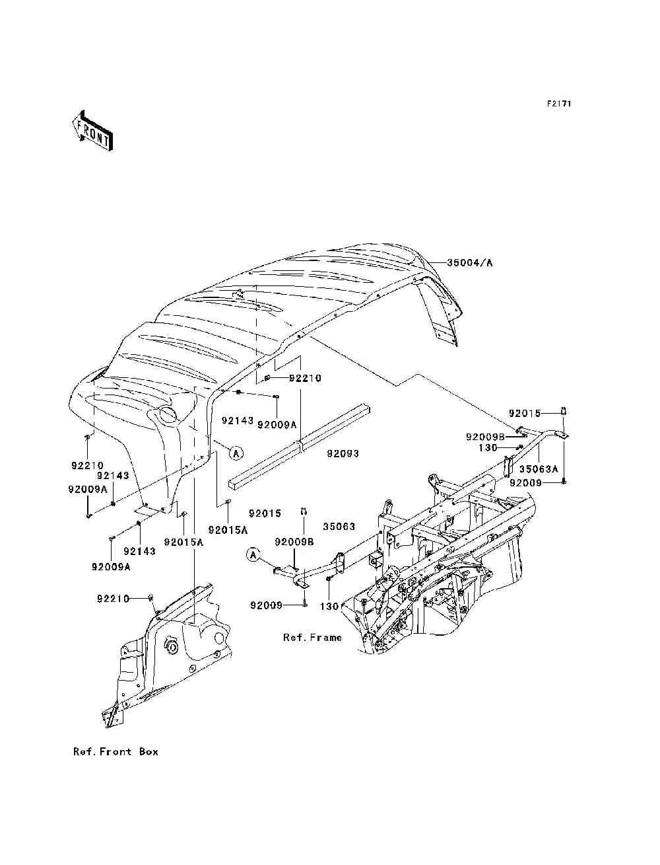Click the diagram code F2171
click(x=559, y=104)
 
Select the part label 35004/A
click(x=469, y=262)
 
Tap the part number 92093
click(x=343, y=453)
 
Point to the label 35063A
click(x=539, y=469)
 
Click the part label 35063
click(x=339, y=527)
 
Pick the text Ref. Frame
click(x=312, y=637)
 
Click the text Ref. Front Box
click(x=115, y=751)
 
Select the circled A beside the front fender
click(x=236, y=453)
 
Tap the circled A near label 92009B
click(x=253, y=555)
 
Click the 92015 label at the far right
click(x=525, y=414)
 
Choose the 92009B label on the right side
click(x=485, y=437)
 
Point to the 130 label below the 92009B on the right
click(x=488, y=448)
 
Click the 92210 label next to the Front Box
click(x=113, y=599)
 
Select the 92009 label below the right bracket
click(x=526, y=483)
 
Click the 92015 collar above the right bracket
click(x=563, y=411)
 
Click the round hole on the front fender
click(x=168, y=414)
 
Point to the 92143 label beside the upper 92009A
click(x=238, y=421)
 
